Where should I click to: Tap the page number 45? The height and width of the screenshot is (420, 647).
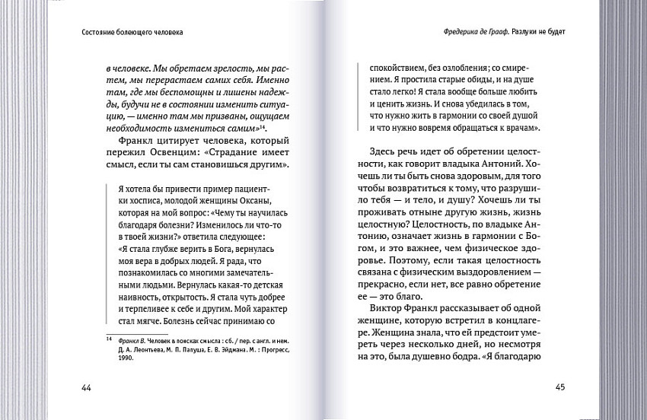[559, 387]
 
